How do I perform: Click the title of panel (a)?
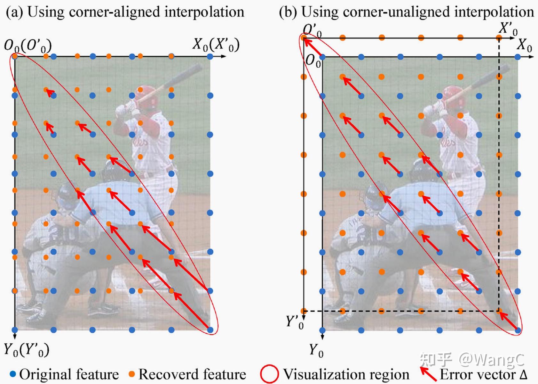[x=125, y=12]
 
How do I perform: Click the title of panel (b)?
[x=406, y=12]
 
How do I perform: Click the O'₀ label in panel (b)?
[x=312, y=30]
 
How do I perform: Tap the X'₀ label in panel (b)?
[x=508, y=29]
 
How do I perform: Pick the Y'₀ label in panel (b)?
[x=294, y=322]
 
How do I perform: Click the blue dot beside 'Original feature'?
[x=13, y=374]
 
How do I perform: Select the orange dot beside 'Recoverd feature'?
[x=131, y=374]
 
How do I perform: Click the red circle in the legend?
[x=269, y=374]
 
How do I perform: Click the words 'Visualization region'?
[x=346, y=374]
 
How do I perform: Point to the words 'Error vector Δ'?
[x=483, y=374]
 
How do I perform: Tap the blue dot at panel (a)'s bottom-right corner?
[x=210, y=330]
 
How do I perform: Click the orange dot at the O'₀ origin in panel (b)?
[x=304, y=38]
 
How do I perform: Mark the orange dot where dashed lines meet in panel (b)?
[x=499, y=311]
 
